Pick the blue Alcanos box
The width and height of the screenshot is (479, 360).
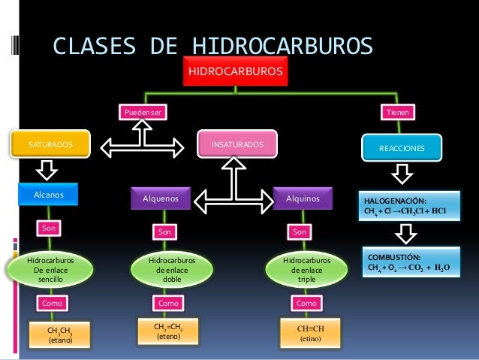[49, 195]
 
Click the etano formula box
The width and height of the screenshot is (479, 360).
[59, 334]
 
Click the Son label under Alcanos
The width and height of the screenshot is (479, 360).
[49, 226]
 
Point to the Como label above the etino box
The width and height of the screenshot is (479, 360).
[306, 303]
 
